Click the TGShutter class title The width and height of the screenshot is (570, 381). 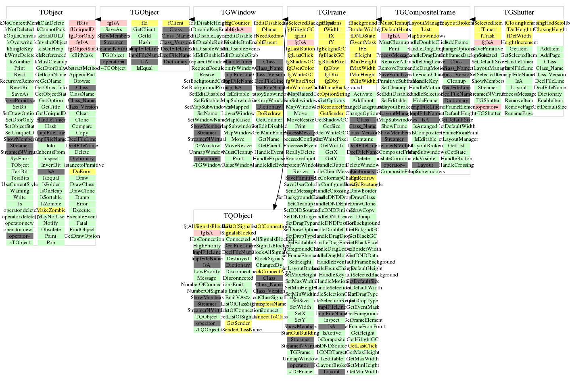518,13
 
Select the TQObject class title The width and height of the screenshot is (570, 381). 238,216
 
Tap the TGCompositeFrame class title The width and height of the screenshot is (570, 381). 425,13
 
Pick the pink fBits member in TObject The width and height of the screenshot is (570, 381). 82,23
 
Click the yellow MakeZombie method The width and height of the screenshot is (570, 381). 51,210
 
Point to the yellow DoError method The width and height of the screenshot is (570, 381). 82,172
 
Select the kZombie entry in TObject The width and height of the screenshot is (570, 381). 20,62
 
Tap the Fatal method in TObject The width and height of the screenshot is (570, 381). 82,223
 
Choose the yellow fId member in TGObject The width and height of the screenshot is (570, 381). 144,23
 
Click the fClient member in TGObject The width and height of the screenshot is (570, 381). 175,23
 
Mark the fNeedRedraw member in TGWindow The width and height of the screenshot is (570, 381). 269,36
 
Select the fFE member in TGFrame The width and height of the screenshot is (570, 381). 363,49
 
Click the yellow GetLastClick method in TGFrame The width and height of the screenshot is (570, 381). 362,346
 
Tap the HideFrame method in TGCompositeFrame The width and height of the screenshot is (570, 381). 425,100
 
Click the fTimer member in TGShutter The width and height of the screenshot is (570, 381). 487,29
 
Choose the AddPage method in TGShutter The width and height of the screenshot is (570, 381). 550,55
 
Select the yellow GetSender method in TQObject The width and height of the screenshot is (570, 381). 238,323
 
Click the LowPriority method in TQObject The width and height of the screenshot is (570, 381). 207,272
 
